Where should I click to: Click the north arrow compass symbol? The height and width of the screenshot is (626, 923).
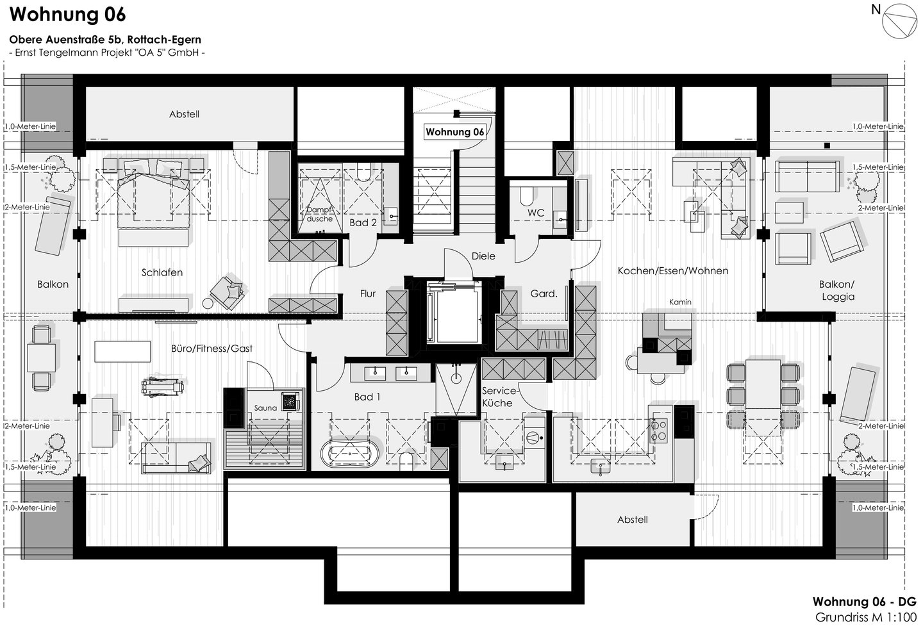click(x=899, y=21)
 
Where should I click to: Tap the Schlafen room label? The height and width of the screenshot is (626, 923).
click(x=162, y=272)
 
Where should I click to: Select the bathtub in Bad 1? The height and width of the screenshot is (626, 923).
click(x=350, y=453)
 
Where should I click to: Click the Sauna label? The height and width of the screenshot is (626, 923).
click(x=265, y=408)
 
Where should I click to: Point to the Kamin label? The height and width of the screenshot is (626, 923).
click(x=680, y=302)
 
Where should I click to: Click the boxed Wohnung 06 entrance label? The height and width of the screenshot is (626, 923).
click(x=455, y=132)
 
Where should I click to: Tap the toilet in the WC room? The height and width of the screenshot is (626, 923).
click(x=527, y=195)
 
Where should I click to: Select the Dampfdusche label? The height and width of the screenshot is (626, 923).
click(x=319, y=214)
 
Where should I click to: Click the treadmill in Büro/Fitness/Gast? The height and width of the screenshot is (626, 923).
click(x=162, y=387)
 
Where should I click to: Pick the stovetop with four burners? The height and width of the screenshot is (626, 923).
click(x=658, y=431)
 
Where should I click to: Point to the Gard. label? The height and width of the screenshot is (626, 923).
click(x=544, y=293)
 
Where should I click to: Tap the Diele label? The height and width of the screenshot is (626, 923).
click(x=483, y=256)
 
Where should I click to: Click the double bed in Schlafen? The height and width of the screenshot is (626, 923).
click(x=153, y=204)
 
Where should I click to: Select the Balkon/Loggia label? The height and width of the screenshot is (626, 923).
click(x=837, y=290)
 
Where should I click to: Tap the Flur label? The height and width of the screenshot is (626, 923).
click(x=367, y=293)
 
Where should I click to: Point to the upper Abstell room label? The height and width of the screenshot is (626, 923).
click(x=184, y=114)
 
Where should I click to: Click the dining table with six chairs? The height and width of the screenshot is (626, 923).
click(x=763, y=396)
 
